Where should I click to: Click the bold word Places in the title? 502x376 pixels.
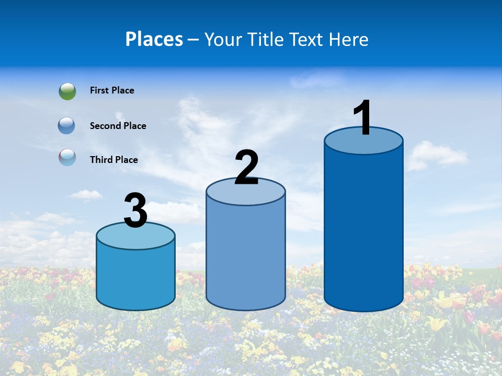[154, 39]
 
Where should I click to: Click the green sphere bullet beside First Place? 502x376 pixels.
[67, 91]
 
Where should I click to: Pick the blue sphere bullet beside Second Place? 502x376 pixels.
[67, 126]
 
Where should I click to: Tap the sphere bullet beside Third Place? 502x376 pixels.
[67, 157]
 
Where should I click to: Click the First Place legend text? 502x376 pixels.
[112, 90]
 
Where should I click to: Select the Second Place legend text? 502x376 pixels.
[118, 126]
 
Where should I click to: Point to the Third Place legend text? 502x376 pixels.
[113, 160]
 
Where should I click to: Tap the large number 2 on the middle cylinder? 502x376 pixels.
[247, 168]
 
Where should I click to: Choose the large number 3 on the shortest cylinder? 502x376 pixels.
[136, 211]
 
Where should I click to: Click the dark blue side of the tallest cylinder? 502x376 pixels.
[363, 230]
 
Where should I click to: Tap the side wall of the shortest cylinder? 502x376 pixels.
[136, 277]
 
